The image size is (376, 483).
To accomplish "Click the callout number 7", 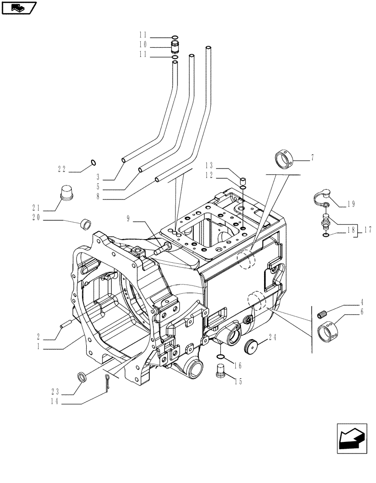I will [x=312, y=157].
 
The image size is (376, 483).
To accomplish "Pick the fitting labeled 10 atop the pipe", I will [x=175, y=47].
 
